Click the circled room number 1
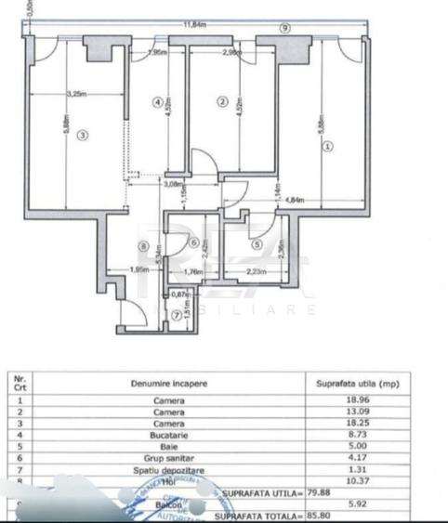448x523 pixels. tap(326, 144)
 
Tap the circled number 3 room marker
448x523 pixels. tap(83, 136)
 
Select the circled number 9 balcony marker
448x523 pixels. tap(284, 29)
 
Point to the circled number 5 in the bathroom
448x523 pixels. tap(257, 245)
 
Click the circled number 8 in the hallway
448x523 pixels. tap(143, 245)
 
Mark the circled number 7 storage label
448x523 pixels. tap(178, 314)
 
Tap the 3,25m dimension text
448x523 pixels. tap(80, 93)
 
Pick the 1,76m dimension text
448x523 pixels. tap(193, 271)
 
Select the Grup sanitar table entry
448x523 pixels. tap(169, 455)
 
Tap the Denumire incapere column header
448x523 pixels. tap(169, 381)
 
